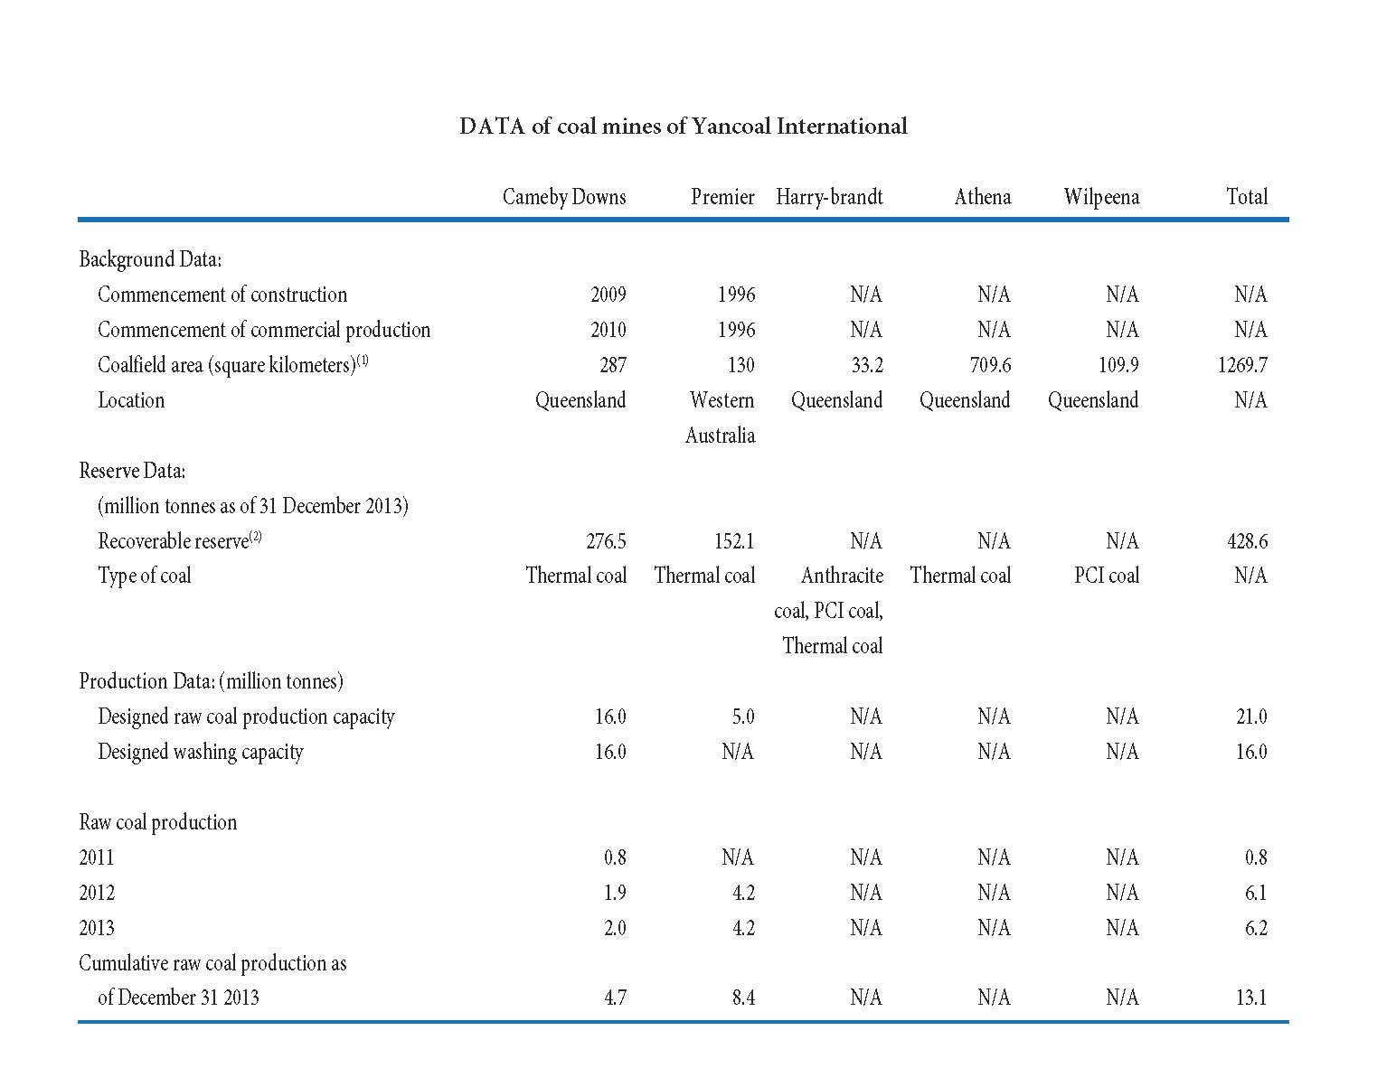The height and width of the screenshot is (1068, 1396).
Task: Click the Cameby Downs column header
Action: [564, 197]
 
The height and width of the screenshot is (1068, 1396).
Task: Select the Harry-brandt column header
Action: [829, 197]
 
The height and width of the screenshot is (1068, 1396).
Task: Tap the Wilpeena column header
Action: [1102, 197]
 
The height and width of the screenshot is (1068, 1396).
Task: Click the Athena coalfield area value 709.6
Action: [990, 365]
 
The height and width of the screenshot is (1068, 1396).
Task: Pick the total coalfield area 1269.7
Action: [1242, 365]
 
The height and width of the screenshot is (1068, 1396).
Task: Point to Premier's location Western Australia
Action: [721, 417]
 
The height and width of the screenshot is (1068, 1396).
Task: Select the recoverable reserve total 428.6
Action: [1248, 541]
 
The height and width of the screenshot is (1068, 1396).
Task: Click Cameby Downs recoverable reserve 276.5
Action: [606, 541]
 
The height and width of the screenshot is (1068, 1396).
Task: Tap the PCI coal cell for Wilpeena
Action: [1107, 575]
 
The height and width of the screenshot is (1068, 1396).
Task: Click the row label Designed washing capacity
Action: [201, 752]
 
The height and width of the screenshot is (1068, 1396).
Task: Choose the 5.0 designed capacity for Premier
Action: [743, 717]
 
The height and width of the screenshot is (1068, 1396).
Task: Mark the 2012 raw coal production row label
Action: [97, 893]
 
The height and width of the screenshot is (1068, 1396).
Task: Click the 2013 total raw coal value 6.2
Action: [1256, 928]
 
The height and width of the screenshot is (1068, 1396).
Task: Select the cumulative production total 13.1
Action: [1251, 998]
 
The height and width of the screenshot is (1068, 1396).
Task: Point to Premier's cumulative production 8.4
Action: [744, 998]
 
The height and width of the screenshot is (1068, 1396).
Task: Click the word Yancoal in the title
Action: [731, 126]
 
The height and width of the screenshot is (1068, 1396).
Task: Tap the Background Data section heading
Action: [150, 259]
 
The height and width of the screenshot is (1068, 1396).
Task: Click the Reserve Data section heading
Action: [132, 471]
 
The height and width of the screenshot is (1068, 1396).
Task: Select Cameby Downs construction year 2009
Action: [608, 295]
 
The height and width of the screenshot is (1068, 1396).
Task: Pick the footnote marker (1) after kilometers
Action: [363, 360]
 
